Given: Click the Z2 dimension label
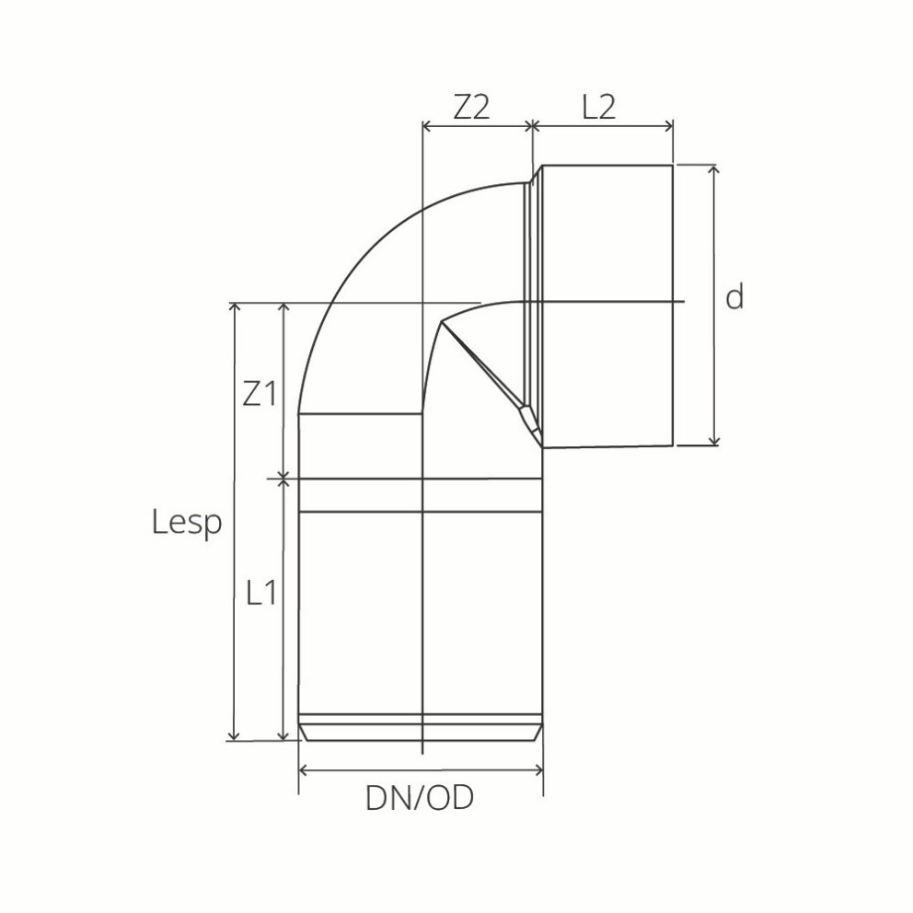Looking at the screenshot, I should tap(470, 108).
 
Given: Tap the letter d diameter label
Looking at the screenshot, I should tap(734, 297).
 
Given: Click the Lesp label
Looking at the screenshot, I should tap(187, 523).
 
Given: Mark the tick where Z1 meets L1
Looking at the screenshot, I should tap(283, 478).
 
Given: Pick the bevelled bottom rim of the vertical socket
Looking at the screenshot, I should tap(421, 733).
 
